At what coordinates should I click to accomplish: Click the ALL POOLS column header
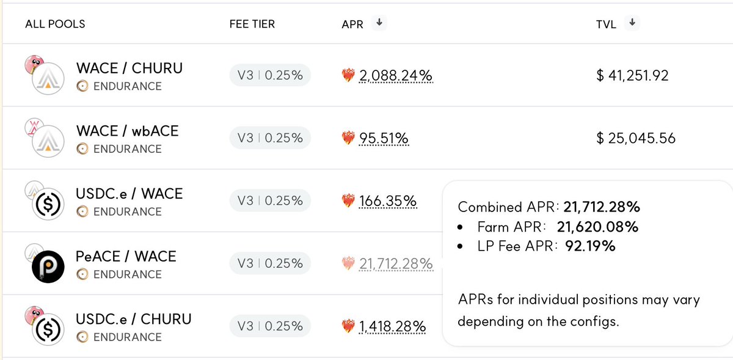point(55,24)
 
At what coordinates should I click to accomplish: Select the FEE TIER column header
point(252,24)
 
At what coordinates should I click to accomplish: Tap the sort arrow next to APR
point(379,23)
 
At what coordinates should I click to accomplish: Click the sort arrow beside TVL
point(633,23)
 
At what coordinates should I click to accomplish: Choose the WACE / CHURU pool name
point(129,68)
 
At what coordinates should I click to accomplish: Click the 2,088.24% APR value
point(395,76)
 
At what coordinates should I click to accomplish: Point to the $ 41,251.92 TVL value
point(632,76)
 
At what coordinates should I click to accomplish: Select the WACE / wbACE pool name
point(127,131)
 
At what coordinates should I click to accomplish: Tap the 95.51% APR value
point(384,139)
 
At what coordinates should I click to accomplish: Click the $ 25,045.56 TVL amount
point(636,139)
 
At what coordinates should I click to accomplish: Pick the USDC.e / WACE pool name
point(129,194)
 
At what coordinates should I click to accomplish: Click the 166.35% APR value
point(388,201)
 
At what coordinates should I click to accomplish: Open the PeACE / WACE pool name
point(126,257)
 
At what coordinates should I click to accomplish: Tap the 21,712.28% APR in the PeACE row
point(396,264)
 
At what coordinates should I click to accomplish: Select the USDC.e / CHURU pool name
point(133,319)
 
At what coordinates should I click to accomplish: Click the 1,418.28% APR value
point(392,327)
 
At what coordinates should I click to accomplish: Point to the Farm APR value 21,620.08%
point(597,227)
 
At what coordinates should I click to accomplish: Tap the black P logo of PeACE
point(48,266)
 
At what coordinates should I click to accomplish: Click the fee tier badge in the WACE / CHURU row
point(270,76)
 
